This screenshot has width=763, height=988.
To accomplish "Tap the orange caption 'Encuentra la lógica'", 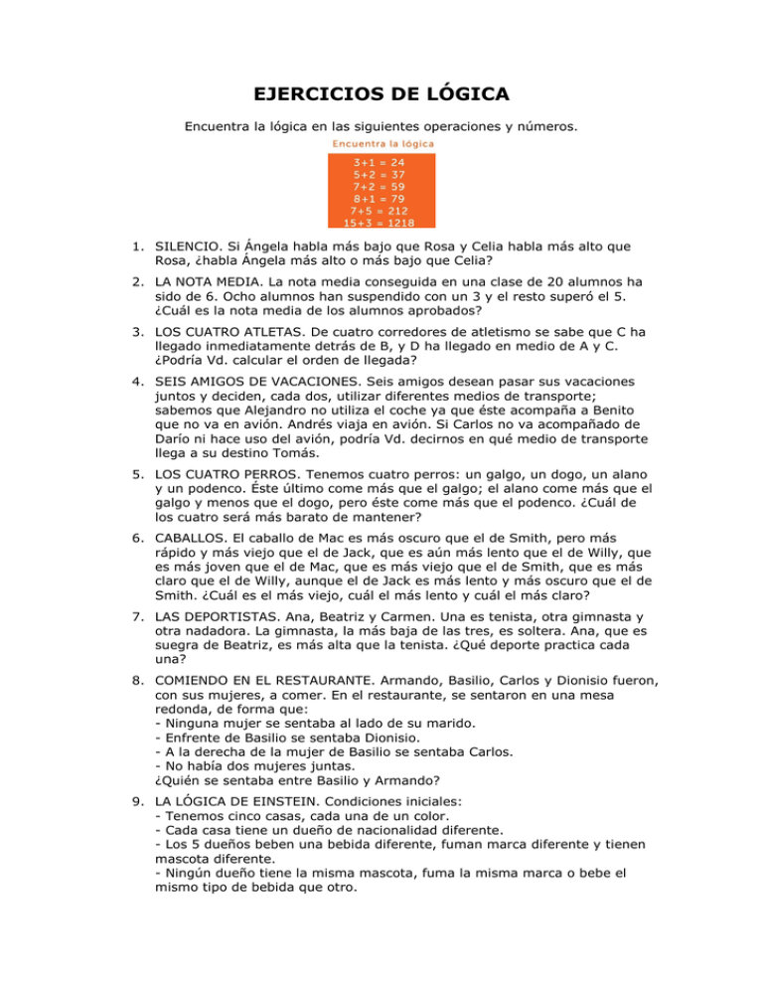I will click(x=381, y=143).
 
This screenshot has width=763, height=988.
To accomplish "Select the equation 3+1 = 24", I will click(x=381, y=161).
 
